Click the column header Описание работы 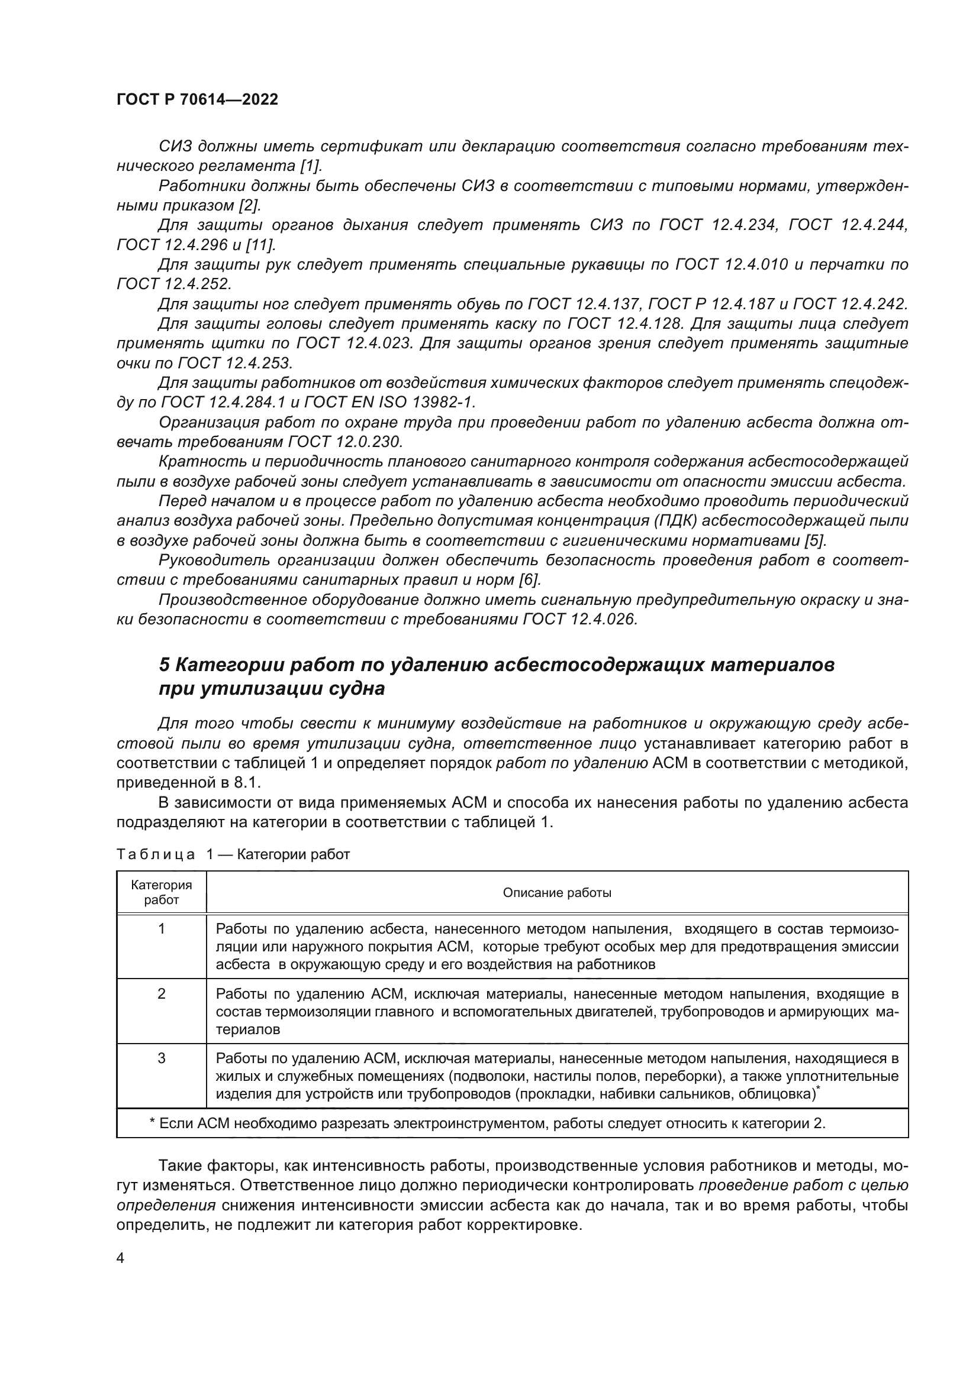[556, 893]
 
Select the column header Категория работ [161, 893]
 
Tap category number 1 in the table [161, 929]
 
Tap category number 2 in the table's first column [161, 994]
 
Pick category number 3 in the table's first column [161, 1058]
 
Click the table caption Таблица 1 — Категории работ [233, 854]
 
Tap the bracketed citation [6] [530, 579]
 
